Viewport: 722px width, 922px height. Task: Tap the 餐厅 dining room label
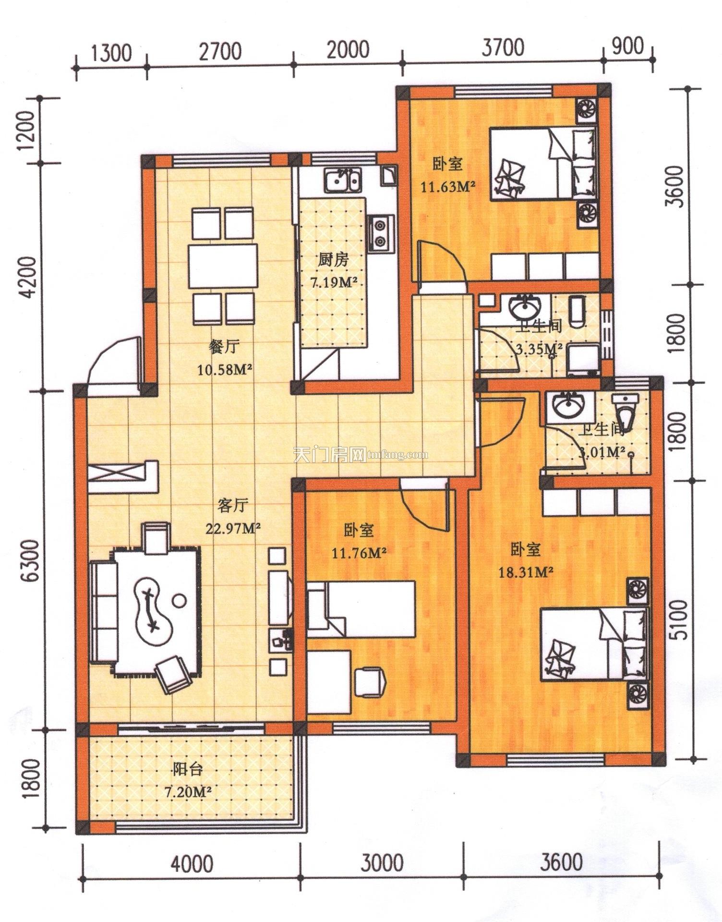[x=224, y=347]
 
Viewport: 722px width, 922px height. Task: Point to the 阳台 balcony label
[x=188, y=770]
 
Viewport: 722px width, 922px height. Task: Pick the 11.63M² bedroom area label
[x=448, y=186]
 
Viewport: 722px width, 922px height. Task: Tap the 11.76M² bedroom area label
[x=360, y=553]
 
